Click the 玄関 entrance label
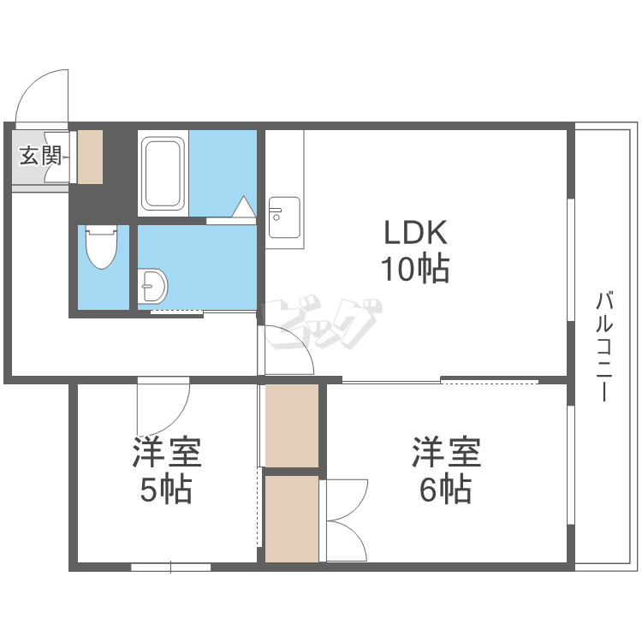40,156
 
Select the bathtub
163,173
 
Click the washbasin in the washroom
154,284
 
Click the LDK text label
415,233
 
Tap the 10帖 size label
415,270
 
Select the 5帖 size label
166,490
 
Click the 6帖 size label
445,490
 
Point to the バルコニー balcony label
605,347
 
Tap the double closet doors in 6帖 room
344,520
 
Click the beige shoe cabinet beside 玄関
91,157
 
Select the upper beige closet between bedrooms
291,425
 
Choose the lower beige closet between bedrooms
291,519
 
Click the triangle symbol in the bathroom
244,207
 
